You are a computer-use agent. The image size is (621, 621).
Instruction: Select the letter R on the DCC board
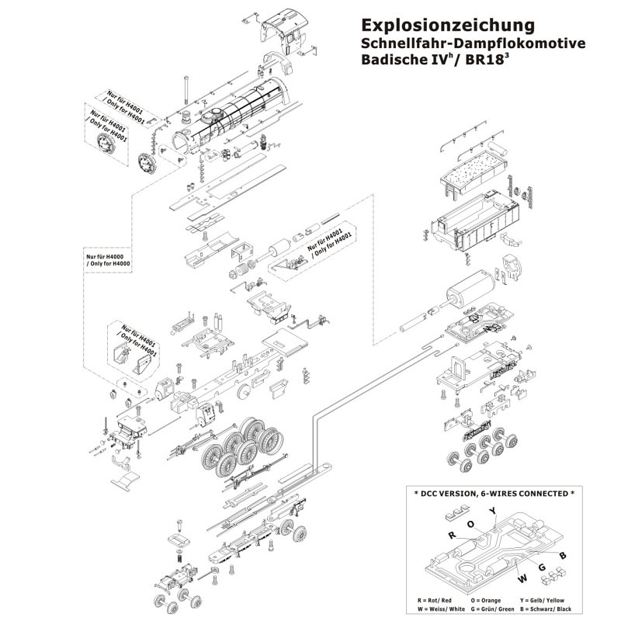(x=451, y=535)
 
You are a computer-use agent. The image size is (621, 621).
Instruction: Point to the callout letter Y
(x=492, y=510)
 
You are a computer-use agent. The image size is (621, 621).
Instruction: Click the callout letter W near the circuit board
(x=500, y=575)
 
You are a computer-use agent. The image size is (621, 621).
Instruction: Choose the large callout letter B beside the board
(x=563, y=555)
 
